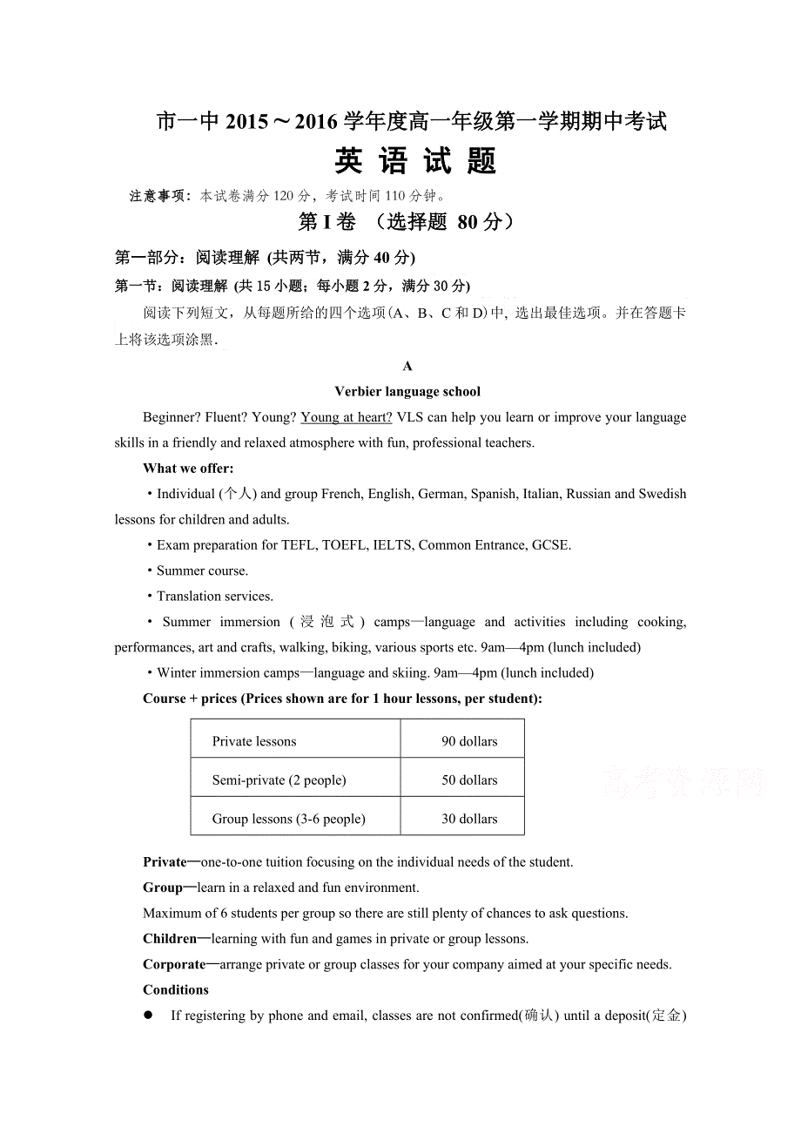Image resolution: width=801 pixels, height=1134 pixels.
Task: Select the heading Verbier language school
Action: [407, 392]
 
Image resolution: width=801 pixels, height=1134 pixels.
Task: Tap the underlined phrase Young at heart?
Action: [347, 418]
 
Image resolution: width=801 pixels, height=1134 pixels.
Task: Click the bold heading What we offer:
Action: [188, 469]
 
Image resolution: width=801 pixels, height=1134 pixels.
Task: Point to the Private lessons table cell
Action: [254, 742]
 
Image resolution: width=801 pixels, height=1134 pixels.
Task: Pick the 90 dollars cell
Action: [469, 742]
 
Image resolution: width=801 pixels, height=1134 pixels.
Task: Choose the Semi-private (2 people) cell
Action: [279, 780]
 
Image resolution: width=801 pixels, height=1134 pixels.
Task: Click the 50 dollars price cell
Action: [469, 780]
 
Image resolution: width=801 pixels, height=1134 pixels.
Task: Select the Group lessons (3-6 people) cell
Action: [288, 819]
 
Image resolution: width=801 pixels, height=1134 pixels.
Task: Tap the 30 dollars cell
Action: [469, 819]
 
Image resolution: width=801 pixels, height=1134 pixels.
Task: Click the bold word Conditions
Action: [176, 990]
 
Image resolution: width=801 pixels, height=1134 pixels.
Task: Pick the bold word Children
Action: [170, 939]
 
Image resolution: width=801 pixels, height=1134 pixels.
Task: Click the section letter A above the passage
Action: [407, 367]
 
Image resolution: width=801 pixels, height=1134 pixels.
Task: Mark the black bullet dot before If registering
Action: [149, 1016]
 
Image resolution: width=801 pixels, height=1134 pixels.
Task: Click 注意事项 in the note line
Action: [159, 196]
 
